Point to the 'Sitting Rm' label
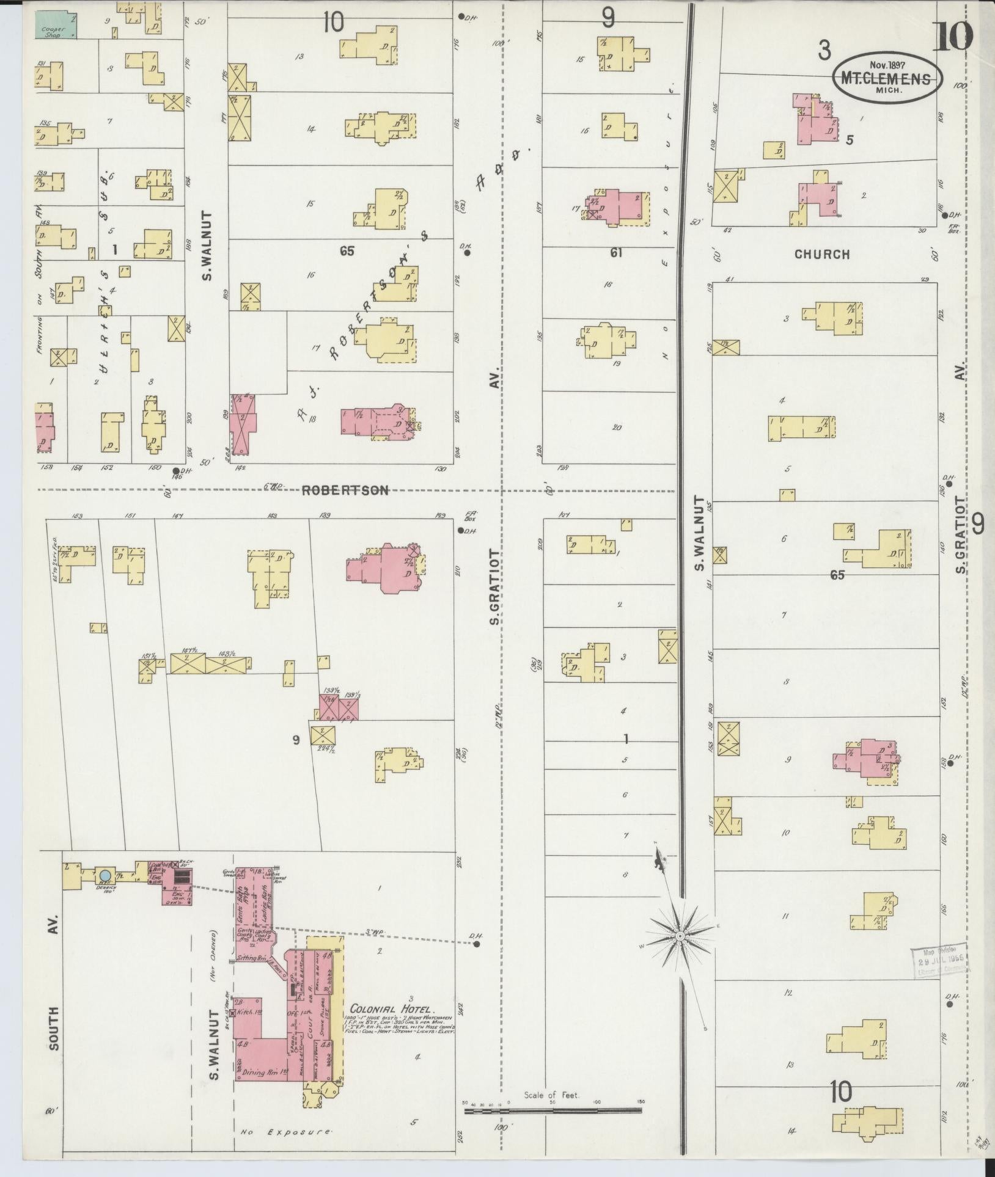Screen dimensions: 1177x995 pyautogui.click(x=252, y=958)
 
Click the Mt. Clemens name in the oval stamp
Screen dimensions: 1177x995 pyautogui.click(x=886, y=79)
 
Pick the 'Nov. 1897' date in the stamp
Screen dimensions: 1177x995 pyautogui.click(x=887, y=64)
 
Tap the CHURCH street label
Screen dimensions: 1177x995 pyautogui.click(x=822, y=254)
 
